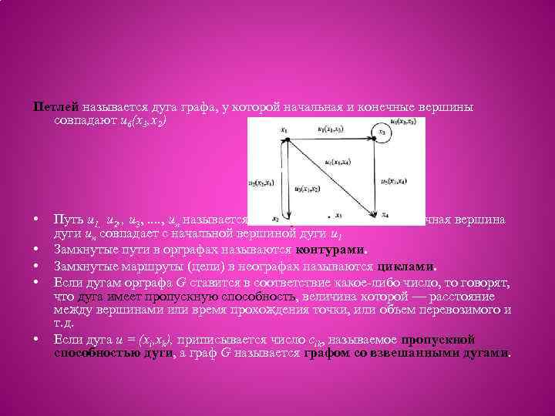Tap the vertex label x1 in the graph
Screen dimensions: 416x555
tap(284, 130)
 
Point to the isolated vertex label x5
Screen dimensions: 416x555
tap(341, 216)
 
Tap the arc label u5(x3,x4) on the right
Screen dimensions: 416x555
tap(395, 182)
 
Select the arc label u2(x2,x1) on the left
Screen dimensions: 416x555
tap(261, 183)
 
